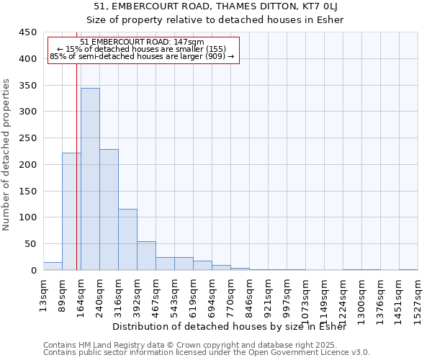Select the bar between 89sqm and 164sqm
[71, 212]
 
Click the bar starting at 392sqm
[146, 256]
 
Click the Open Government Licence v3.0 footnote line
[207, 352]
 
